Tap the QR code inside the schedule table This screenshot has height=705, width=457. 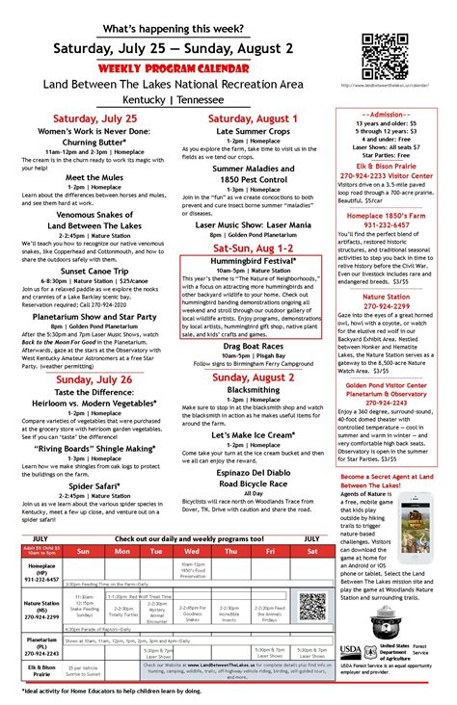click(x=310, y=606)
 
